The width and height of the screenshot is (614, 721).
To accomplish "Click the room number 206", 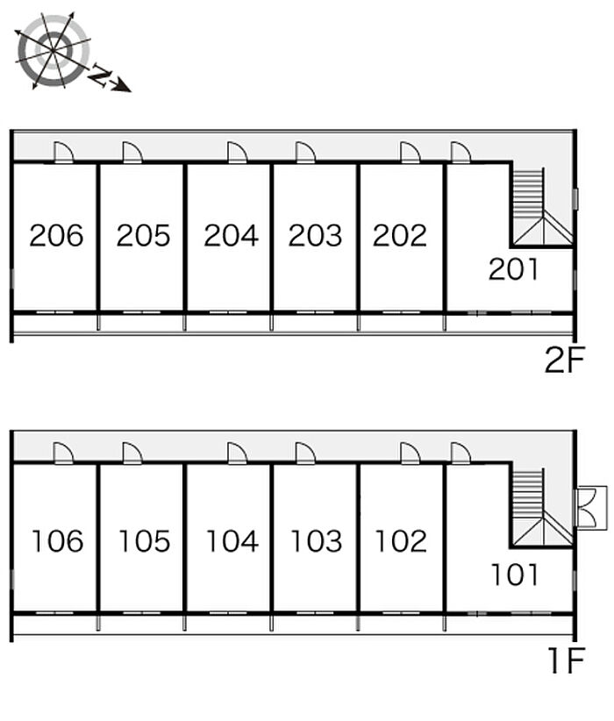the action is point(56,235).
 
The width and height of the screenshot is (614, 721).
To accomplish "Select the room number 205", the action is point(143,235).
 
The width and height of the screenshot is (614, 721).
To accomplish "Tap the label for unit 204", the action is point(231,235).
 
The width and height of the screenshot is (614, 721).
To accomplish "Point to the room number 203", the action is point(315,235).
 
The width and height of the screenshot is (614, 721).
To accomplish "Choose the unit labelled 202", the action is point(400,235).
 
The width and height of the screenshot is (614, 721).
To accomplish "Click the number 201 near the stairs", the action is point(513,269).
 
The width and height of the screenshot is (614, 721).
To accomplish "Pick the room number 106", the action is point(58,540).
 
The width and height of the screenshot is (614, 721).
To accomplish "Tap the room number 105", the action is point(145,540).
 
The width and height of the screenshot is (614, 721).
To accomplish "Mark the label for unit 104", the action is point(232,540).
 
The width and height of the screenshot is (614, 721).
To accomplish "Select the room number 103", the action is point(317,540).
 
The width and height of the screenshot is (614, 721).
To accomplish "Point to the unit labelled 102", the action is point(401,540).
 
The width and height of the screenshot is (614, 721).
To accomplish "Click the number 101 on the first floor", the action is point(515,575).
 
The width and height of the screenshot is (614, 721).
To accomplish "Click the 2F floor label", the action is point(564,360).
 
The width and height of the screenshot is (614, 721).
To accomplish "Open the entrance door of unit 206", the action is point(63,153).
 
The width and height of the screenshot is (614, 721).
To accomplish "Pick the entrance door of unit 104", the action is point(238,453).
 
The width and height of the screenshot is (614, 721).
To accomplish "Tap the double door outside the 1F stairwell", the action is point(592,508).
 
